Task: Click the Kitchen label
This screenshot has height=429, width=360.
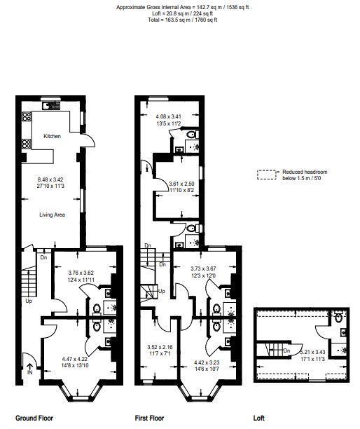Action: point(53,136)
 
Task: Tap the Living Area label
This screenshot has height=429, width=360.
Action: point(53,214)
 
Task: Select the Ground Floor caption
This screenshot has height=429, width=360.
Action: point(34,418)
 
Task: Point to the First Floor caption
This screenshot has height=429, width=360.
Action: point(149,418)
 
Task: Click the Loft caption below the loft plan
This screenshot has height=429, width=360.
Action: point(259,418)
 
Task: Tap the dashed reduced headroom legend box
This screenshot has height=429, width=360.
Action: point(267,175)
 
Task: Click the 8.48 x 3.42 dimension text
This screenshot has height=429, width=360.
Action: point(50,179)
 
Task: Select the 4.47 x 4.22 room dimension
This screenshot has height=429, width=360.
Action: point(75,359)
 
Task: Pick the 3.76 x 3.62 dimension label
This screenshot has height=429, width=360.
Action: point(81,273)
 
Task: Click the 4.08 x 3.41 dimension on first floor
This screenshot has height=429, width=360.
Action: point(169,116)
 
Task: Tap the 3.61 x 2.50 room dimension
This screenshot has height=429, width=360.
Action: point(181,184)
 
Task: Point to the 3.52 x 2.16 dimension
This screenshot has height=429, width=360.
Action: point(160,347)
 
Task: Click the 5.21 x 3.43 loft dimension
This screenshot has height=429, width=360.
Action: point(312,353)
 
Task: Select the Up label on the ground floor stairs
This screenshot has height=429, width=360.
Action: point(29,301)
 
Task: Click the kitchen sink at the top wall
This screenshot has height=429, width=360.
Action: point(51,105)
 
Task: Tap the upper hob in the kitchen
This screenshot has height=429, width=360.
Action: point(27,116)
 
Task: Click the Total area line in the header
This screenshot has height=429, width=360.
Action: point(183,20)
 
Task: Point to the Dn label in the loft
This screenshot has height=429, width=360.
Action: point(286,350)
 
